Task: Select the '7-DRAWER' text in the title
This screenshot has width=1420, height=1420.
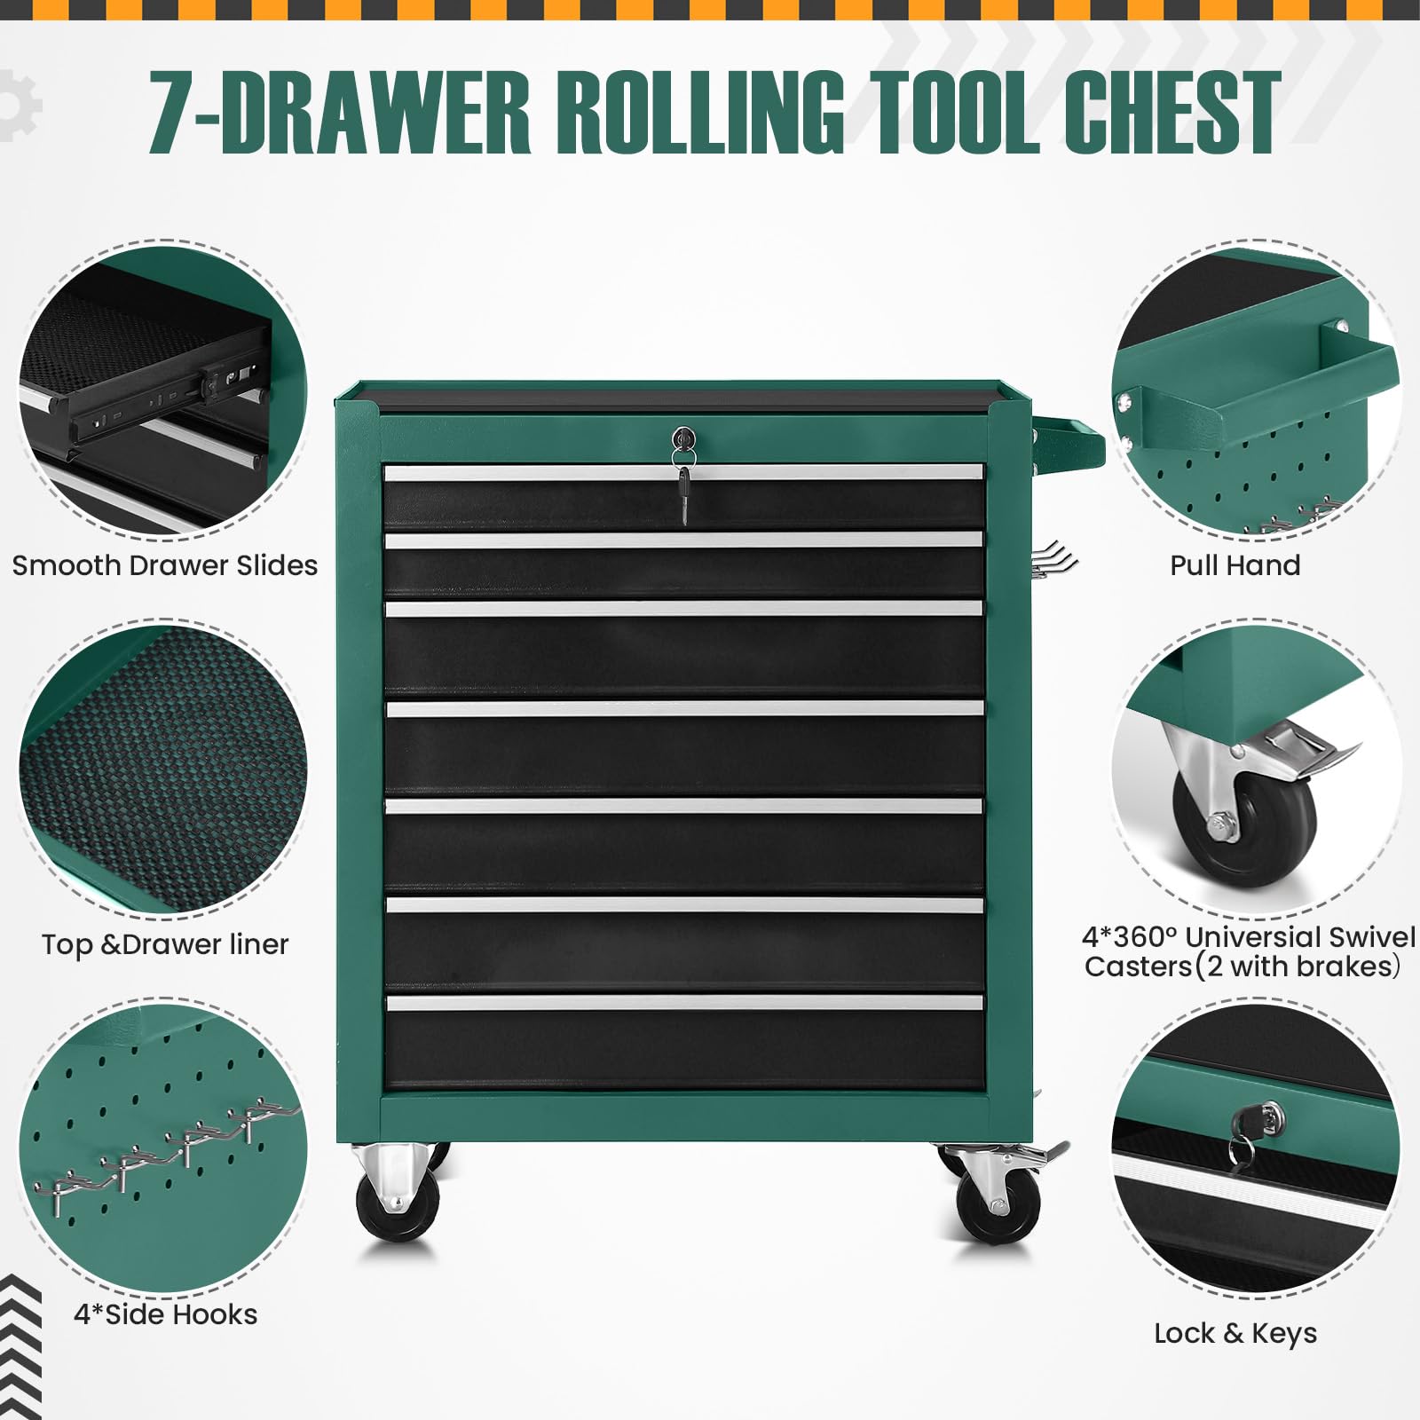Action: tap(339, 113)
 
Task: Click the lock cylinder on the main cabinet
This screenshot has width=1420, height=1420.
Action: tap(682, 438)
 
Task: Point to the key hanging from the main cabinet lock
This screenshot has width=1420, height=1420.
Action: tap(683, 493)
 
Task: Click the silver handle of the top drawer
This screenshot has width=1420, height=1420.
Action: tap(683, 473)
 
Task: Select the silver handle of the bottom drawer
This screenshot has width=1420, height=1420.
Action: tap(684, 1002)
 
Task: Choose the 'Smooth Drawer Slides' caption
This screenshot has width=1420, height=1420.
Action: tap(165, 565)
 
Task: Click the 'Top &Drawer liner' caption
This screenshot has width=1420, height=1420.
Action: tap(165, 944)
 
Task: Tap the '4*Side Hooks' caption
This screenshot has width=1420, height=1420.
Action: tap(166, 1314)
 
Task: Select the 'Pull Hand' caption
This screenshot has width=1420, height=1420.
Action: tap(1235, 565)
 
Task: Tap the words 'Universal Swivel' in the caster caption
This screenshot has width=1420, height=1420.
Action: tap(1300, 937)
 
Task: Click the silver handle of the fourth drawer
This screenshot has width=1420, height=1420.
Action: tap(684, 708)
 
